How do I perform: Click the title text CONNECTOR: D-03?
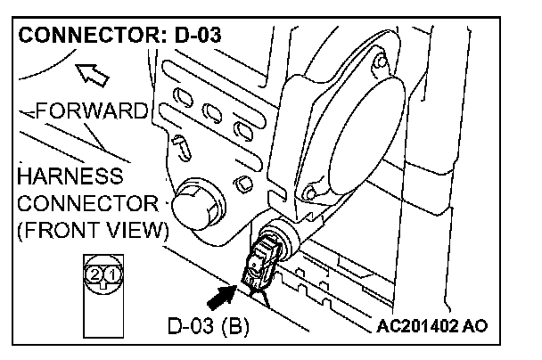point(119,37)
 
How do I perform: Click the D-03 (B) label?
point(209,325)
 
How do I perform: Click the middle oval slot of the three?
point(212,114)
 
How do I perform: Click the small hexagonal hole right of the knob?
point(240,184)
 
